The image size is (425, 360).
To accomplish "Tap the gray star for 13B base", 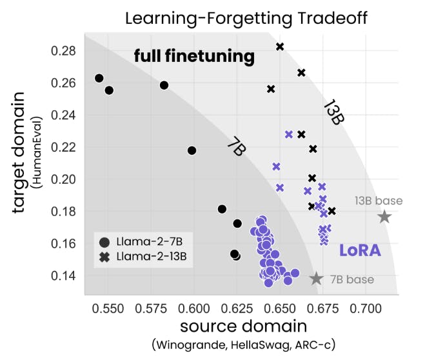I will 384,217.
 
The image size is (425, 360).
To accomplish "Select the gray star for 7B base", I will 316,279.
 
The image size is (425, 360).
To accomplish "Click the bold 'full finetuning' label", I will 194,57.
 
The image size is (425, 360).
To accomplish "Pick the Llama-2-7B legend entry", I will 142,243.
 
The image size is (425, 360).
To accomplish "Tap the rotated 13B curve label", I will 331,112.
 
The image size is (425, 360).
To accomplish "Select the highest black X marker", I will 280,46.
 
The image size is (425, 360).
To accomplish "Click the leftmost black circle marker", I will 99,78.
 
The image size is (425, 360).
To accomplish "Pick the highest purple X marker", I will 289,134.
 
